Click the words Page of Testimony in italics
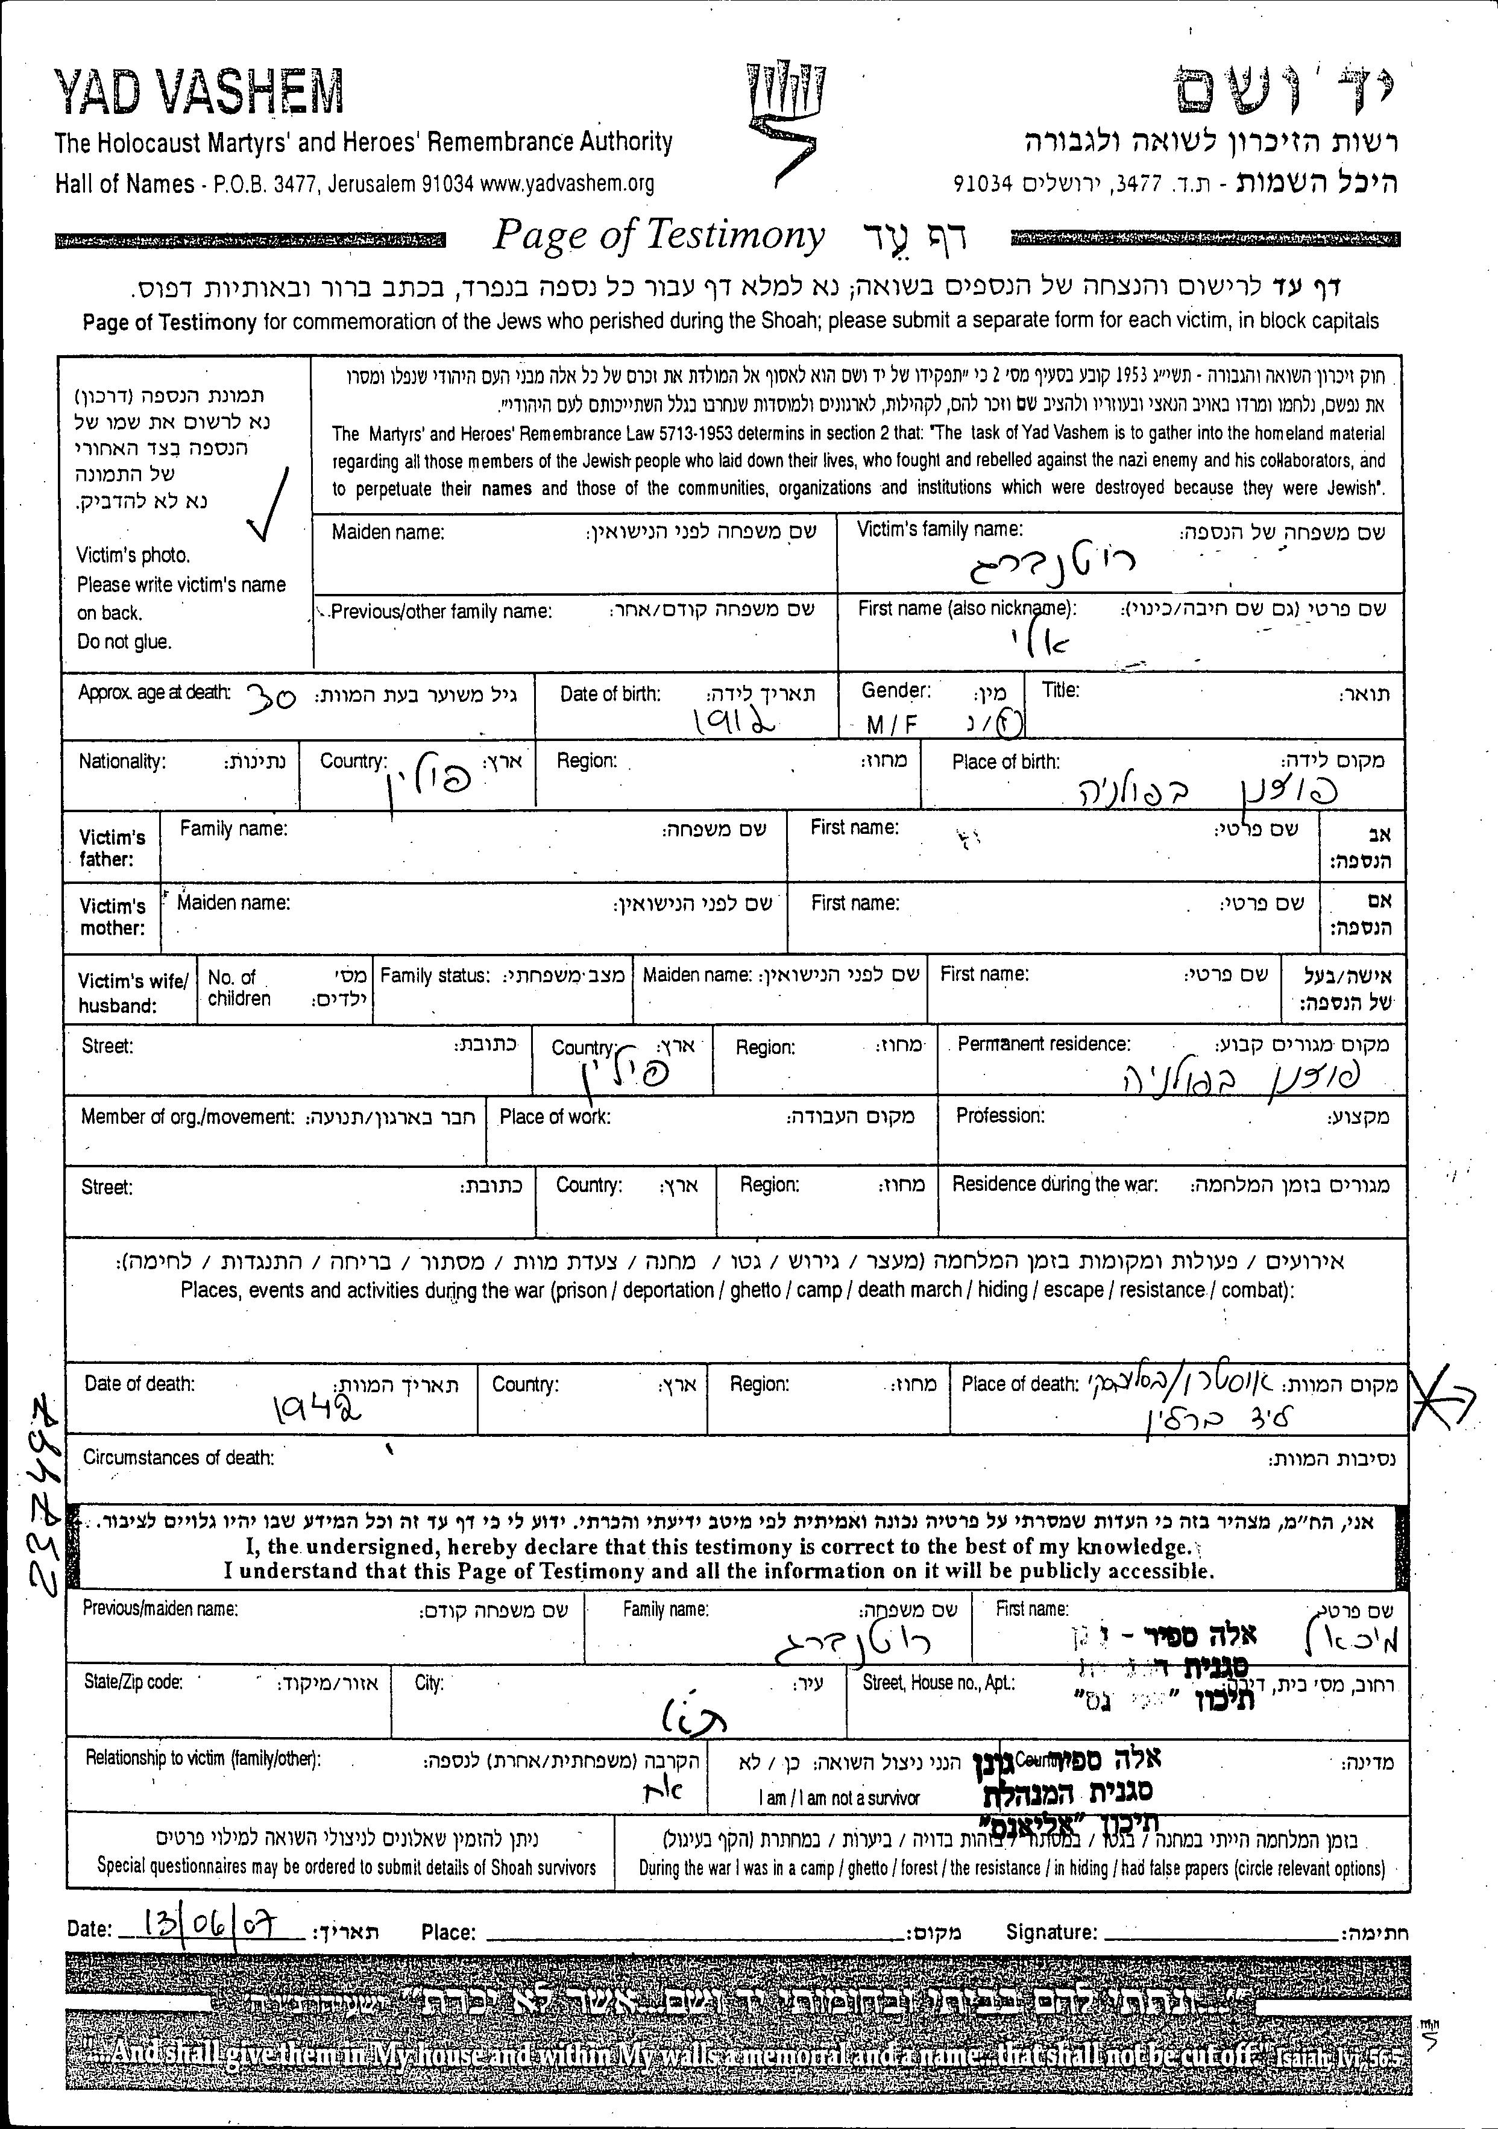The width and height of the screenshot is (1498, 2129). point(658,236)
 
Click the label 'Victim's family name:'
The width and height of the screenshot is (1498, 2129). point(939,529)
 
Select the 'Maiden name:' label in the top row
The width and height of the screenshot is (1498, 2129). point(388,533)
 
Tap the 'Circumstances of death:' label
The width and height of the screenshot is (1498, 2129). point(179,1458)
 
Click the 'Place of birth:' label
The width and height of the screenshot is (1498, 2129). point(1005,762)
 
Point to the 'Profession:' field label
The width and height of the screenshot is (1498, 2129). point(1000,1115)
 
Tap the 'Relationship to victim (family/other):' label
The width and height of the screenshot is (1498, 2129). point(203,1758)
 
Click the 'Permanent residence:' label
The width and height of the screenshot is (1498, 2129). point(1044,1044)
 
